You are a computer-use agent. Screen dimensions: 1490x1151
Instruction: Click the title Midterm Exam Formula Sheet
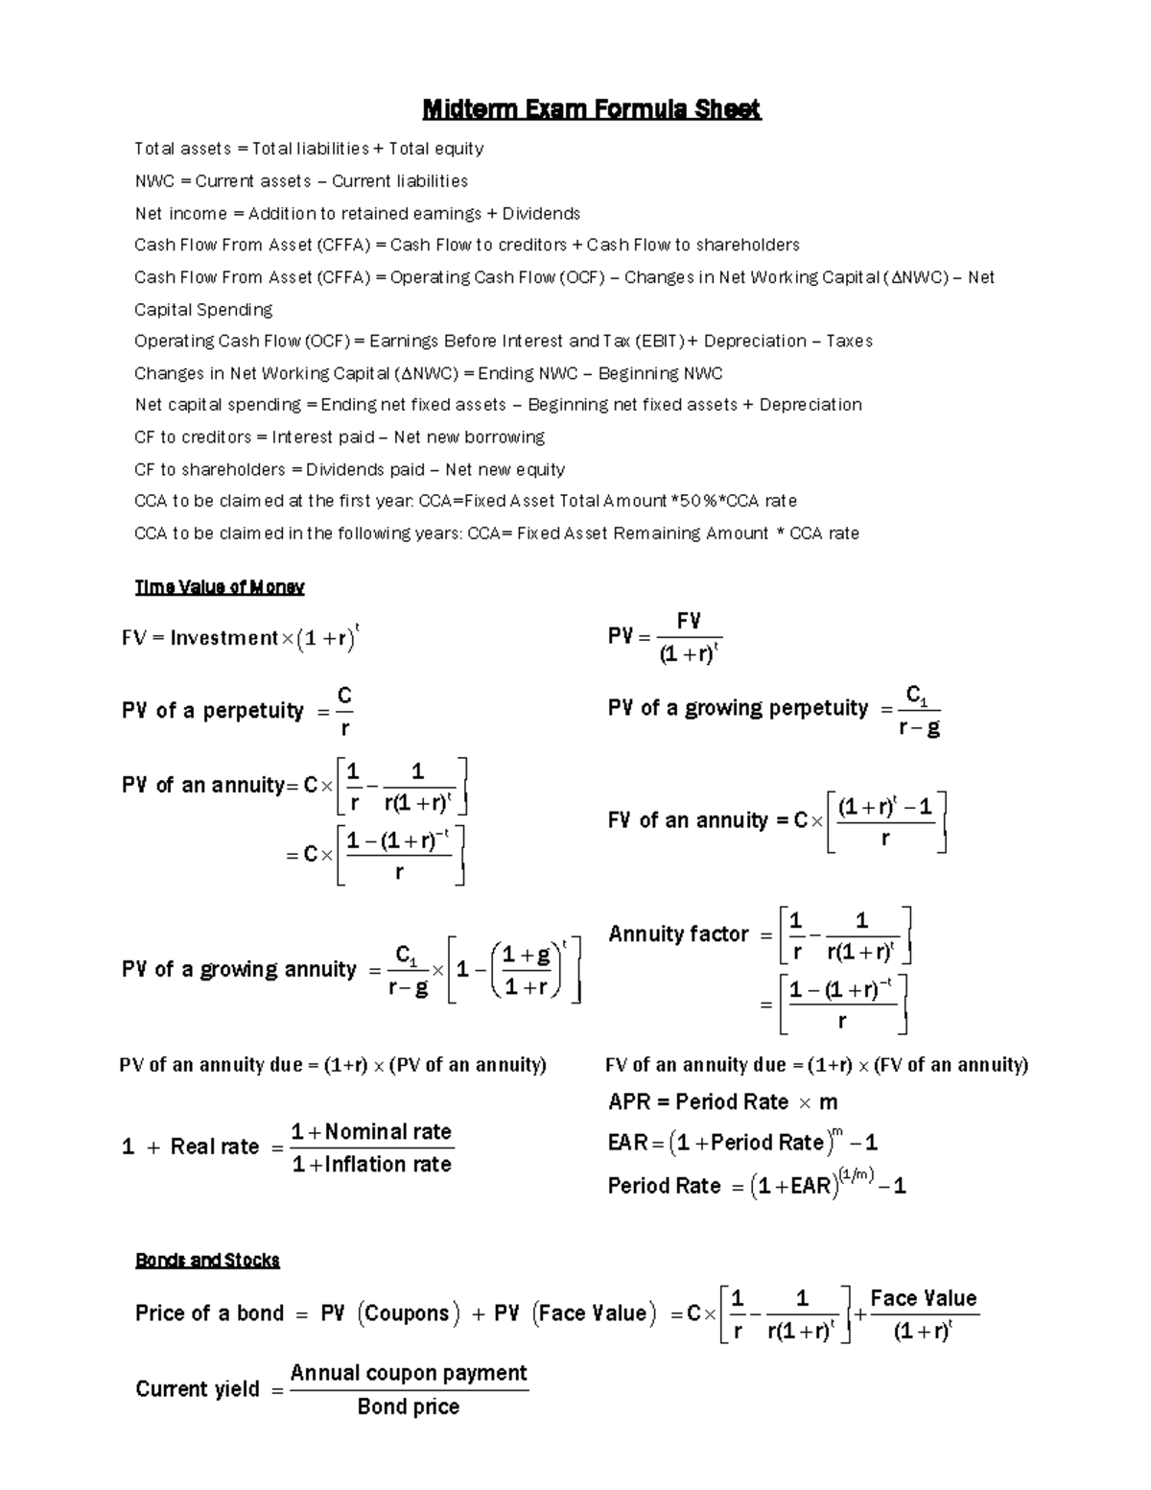[592, 109]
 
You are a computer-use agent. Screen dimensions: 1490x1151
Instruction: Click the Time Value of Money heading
[219, 587]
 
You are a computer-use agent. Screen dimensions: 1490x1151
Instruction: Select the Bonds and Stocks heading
[207, 1260]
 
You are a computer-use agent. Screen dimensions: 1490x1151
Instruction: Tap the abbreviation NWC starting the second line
[153, 181]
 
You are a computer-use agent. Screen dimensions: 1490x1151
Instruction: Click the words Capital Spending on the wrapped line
[203, 309]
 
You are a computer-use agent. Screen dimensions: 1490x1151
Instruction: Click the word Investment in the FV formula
[223, 638]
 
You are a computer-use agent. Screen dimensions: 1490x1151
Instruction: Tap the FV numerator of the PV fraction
[689, 621]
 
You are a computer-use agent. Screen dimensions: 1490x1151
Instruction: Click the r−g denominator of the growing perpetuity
[919, 728]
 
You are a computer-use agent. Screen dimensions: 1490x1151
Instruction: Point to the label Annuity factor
[678, 934]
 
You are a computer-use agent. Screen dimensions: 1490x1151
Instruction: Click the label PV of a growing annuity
[239, 969]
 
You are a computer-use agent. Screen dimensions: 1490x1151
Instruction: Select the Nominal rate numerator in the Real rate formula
[388, 1131]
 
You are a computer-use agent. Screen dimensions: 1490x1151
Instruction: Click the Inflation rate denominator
[388, 1164]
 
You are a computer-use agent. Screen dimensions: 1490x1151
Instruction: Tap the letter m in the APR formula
[828, 1101]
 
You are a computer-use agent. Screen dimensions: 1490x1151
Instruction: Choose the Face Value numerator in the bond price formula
[923, 1298]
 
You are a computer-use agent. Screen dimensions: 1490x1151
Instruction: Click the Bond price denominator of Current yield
[408, 1407]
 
